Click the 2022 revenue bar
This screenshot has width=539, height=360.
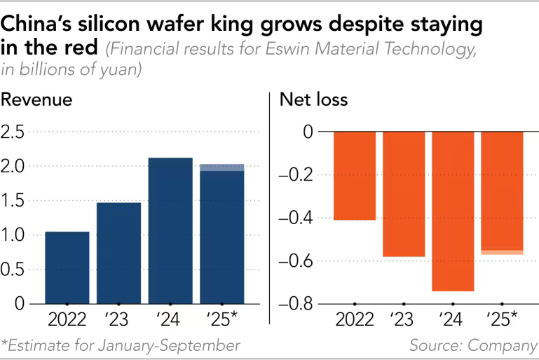[67, 268]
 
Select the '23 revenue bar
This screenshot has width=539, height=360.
[118, 253]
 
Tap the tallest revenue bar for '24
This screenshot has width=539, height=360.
[170, 230]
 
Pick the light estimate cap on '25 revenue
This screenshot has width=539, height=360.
[222, 167]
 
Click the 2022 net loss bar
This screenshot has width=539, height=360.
[355, 176]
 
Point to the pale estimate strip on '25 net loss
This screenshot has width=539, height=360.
[502, 252]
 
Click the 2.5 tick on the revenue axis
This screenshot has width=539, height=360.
[14, 132]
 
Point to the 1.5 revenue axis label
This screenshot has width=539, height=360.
[14, 201]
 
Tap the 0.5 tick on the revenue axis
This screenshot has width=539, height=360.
[14, 270]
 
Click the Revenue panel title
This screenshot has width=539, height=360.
[36, 100]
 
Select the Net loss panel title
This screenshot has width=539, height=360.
[314, 100]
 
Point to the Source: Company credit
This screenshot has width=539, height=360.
[473, 345]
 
